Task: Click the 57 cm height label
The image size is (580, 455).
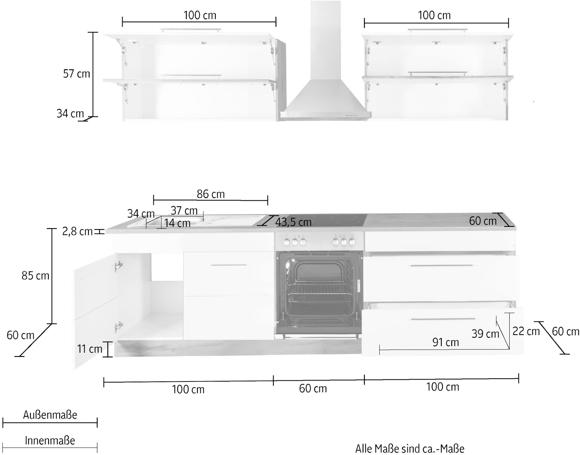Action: [77, 74]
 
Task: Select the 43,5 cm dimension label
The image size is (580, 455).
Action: [293, 222]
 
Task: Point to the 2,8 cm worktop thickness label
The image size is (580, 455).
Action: [77, 231]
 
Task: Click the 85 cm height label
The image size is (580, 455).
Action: [36, 276]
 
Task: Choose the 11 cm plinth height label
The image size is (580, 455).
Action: [90, 349]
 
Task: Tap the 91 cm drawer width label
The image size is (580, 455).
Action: [446, 342]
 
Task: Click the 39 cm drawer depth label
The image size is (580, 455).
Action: [485, 334]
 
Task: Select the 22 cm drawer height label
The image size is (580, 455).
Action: [526, 331]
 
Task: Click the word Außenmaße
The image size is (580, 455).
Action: [50, 415]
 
